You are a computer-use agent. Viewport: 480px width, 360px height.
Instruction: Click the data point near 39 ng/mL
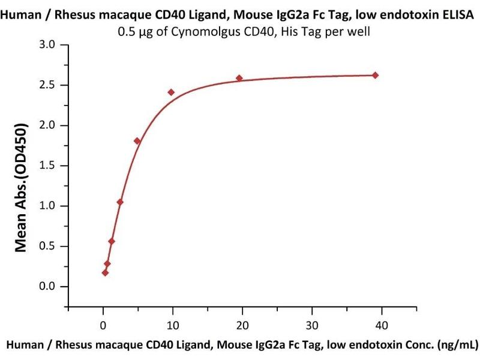pos(376,75)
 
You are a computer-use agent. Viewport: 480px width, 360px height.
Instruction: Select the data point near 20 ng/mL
pos(239,78)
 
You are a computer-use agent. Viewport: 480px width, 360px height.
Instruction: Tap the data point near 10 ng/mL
pos(171,92)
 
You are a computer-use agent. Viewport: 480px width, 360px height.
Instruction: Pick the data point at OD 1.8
pos(137,141)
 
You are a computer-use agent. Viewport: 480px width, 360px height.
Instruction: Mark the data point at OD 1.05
pos(120,202)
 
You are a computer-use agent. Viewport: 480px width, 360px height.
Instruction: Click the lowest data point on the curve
pos(105,272)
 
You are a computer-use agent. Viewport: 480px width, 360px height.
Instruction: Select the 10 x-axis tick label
pos(173,325)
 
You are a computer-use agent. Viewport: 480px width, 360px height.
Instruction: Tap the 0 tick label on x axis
pos(103,325)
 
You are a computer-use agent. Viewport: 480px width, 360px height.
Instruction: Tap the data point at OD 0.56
pos(112,241)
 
